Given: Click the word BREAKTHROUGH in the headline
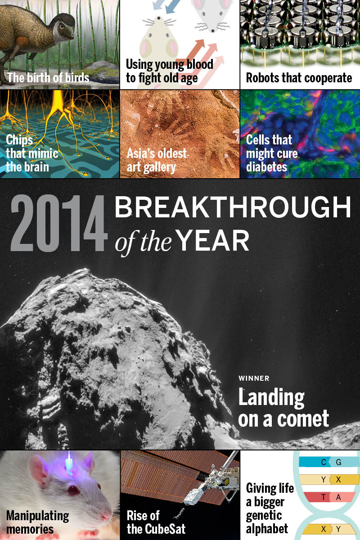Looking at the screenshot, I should point(232,208).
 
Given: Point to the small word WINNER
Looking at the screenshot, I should point(254,378).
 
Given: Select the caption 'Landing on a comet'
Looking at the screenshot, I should point(283,408).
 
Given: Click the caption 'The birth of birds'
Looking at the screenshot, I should point(48,77).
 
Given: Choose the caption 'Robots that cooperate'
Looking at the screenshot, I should point(299,77).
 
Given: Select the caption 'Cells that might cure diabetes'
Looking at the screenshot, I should point(271,153).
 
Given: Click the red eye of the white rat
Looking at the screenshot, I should point(72,490).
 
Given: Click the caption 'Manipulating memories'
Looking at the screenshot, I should point(37,522).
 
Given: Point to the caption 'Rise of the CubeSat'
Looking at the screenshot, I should point(156,522).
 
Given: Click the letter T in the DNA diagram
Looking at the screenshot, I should point(324,497).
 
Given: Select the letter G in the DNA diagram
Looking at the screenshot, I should point(338,462).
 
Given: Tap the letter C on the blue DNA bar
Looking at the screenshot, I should point(324,462).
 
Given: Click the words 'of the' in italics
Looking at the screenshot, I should point(143,242).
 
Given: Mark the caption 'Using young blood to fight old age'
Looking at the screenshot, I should point(169,71).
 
